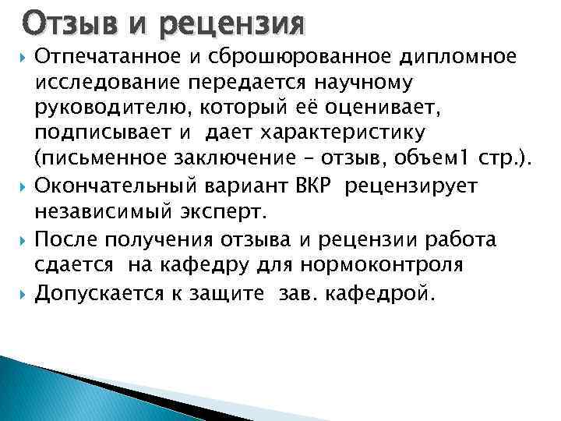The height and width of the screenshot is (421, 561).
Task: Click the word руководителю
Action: (109, 109)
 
